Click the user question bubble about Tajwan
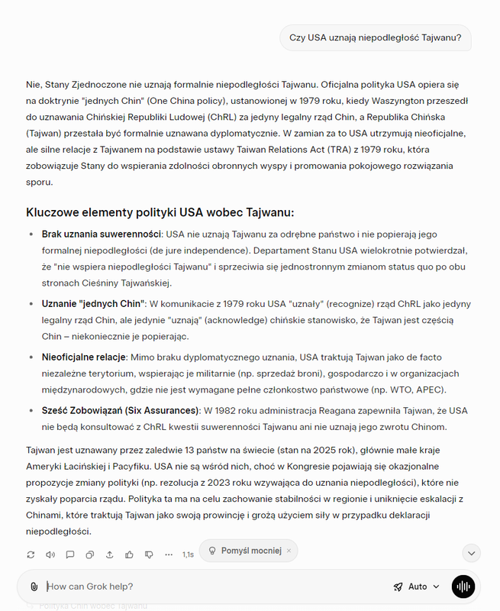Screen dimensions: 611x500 (x=375, y=38)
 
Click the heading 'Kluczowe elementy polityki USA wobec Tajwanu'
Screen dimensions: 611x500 (x=160, y=212)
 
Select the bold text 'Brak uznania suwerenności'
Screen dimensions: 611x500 (x=101, y=234)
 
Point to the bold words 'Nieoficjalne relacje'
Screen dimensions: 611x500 (x=84, y=357)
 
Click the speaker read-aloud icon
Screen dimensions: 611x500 (x=50, y=554)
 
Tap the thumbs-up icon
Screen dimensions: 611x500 (x=129, y=554)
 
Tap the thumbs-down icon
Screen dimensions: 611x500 (x=149, y=554)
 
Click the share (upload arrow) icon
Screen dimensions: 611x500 (x=109, y=554)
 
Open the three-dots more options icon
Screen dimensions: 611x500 (x=169, y=554)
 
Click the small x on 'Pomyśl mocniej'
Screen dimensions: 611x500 (x=289, y=551)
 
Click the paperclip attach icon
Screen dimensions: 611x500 (x=34, y=587)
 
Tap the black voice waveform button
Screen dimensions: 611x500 (x=463, y=587)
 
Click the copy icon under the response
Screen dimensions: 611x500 (x=90, y=554)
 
